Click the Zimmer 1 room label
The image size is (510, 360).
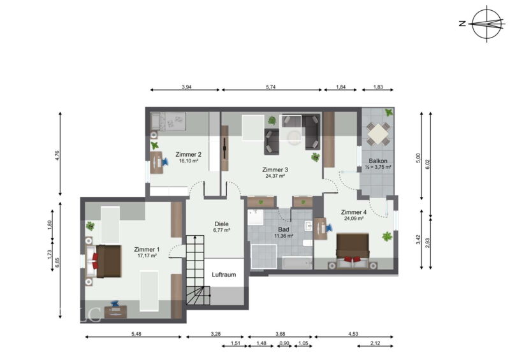147,249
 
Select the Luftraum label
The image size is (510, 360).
224,275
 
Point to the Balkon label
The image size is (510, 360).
378,161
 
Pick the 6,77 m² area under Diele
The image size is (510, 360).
221,230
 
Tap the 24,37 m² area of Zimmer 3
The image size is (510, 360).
275,176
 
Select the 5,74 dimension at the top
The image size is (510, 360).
270,87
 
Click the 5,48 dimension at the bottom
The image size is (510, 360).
136,334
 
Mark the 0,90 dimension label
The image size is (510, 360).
284,343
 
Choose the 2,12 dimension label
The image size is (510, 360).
375,343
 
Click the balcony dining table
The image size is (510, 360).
378,133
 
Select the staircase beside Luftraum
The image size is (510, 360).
198,270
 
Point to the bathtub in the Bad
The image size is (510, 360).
296,263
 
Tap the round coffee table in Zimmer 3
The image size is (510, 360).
295,136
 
